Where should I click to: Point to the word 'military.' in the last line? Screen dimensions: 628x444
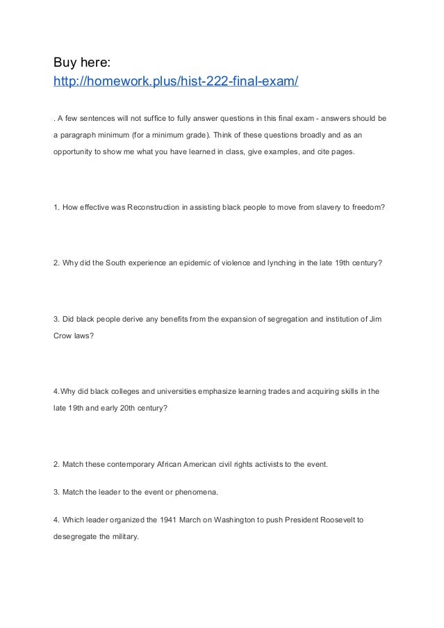(124, 536)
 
